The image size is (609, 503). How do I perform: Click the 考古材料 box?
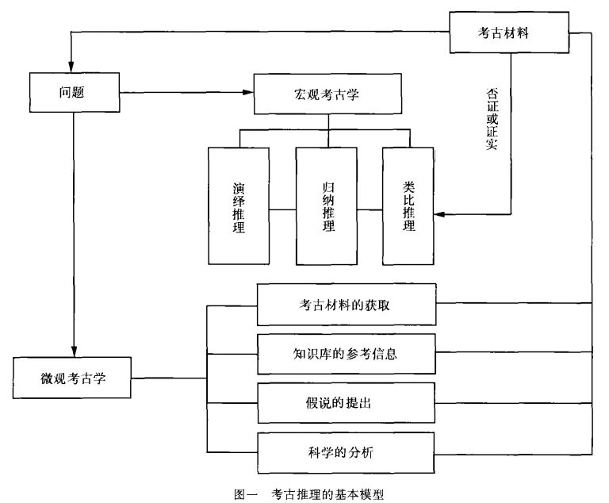(x=510, y=33)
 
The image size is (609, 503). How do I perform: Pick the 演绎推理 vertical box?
(x=238, y=205)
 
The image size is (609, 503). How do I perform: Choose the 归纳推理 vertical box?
(x=326, y=205)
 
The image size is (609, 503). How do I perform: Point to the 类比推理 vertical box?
(x=408, y=205)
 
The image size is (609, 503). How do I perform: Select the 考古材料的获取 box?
(x=346, y=304)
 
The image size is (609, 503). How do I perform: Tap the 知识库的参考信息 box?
(x=346, y=353)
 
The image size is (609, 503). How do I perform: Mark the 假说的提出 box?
(x=346, y=403)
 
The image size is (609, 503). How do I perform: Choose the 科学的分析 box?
(x=346, y=453)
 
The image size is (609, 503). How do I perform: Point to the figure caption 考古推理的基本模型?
(x=327, y=493)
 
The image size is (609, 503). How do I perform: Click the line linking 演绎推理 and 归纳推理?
(x=282, y=210)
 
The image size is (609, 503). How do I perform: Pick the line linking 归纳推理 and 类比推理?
(x=369, y=210)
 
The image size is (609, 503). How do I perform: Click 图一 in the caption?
(x=247, y=493)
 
